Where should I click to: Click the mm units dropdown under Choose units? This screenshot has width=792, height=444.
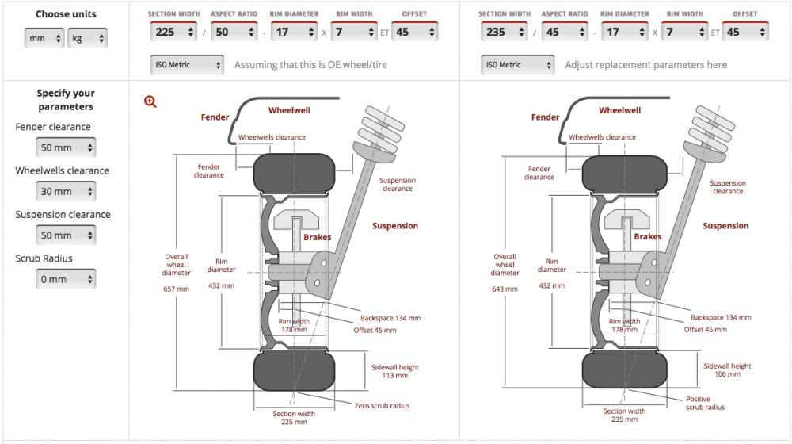(44, 38)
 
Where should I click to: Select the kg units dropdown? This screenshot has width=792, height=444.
(87, 38)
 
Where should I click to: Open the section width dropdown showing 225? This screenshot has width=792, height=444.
(173, 32)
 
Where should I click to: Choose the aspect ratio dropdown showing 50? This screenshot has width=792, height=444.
(234, 32)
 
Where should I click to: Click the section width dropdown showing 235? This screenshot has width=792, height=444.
(504, 32)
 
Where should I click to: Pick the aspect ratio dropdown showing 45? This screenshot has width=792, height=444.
(565, 32)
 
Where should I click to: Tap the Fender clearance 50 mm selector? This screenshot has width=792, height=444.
(66, 147)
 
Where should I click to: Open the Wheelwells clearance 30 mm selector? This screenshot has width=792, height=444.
(66, 192)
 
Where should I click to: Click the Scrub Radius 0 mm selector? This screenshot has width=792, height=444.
(66, 279)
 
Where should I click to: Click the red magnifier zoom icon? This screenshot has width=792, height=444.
(150, 101)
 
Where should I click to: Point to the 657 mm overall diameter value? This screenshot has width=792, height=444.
(177, 289)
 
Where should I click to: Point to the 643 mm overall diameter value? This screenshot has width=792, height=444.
(505, 289)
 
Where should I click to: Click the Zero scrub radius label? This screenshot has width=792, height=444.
(382, 406)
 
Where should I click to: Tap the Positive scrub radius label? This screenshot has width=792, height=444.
(705, 403)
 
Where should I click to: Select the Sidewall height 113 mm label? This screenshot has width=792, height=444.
(395, 371)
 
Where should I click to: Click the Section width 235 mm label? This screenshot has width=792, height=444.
(624, 415)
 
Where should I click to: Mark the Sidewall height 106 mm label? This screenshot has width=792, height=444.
(727, 369)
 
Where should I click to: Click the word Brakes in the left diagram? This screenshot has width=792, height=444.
(318, 237)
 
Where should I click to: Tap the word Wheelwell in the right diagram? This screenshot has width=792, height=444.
(620, 110)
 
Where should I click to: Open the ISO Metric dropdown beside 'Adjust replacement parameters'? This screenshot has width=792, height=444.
(518, 65)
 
